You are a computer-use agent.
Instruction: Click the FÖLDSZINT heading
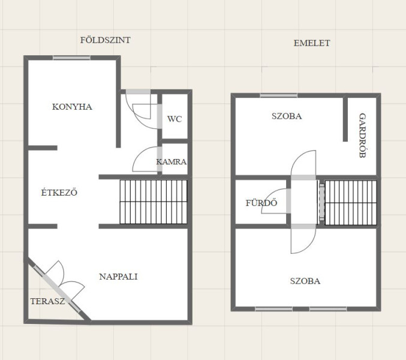coord(106,40)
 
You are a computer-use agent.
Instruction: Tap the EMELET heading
coord(312,43)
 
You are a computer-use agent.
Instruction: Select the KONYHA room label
coord(72,107)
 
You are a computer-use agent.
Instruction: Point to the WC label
coord(175,119)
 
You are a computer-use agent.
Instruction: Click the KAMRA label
coord(171,162)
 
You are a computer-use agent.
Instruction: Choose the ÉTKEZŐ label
coord(59,193)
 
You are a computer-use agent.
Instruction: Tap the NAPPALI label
coord(118,277)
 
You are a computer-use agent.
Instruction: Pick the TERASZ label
coord(47,301)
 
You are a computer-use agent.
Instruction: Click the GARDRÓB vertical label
coord(362,136)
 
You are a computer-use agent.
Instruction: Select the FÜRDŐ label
coord(261,203)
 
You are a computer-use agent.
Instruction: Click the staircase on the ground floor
coord(154,202)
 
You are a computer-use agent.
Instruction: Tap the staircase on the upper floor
coord(351,203)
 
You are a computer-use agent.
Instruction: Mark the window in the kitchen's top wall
coord(72,58)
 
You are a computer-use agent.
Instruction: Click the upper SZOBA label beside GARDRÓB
coord(287,116)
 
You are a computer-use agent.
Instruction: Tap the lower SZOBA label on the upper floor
coord(305,281)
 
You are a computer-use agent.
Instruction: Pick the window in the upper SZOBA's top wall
coord(279,95)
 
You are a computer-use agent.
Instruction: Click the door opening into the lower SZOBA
coord(303,239)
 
